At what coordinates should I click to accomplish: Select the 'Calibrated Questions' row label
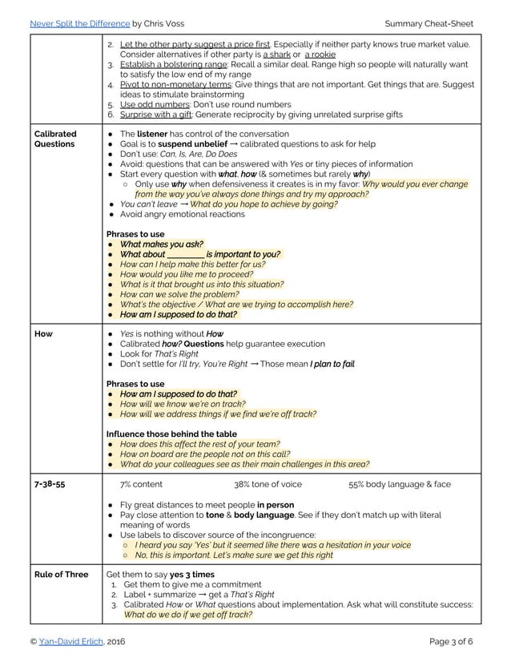coord(55,139)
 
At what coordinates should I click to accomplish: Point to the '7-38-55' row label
coord(49,484)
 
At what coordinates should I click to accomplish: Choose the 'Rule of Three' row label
coord(61,575)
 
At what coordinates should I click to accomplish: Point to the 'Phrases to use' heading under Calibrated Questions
coord(141,233)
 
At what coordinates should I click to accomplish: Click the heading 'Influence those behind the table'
coord(171,434)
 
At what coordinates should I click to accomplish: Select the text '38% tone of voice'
coord(268,484)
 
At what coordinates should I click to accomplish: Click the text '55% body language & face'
coord(399,484)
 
